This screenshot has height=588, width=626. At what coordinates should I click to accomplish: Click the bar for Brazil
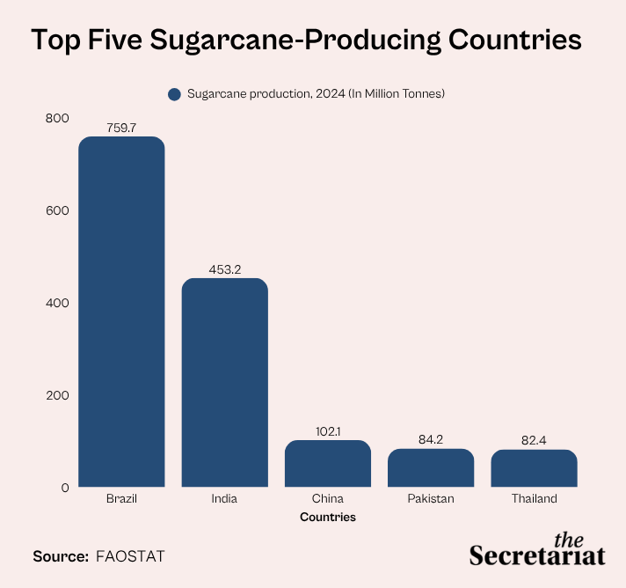pos(121,312)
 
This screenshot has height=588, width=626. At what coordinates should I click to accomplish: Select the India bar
pos(225,383)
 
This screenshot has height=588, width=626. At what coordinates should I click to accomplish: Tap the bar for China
pos(328,464)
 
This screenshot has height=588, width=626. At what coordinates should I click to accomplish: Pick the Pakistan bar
pos(431,467)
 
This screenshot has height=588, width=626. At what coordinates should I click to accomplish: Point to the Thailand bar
pos(535,468)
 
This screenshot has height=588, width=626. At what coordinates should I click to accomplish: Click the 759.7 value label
pos(121,128)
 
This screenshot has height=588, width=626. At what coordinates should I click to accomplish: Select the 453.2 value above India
pos(225,269)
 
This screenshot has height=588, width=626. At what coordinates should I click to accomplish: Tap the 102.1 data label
pos(328,431)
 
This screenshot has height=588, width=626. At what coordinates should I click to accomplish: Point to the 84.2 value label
pos(431,440)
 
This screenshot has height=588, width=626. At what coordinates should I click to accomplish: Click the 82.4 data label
pos(534,440)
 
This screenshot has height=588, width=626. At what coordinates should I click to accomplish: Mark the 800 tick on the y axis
pos(57,118)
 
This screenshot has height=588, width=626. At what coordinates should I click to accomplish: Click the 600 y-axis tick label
pos(57,210)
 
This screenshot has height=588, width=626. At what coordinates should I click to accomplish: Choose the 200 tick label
pos(57,395)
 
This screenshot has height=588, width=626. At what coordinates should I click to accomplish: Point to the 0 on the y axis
pos(65,488)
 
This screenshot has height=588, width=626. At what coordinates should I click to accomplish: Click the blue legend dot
pos(174,94)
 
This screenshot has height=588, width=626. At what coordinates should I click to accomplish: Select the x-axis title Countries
pos(328,517)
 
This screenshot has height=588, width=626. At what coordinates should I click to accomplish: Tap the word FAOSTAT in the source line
pos(130,556)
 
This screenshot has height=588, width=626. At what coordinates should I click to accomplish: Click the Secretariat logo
pos(537,549)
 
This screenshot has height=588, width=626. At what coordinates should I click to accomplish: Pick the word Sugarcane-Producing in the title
pos(295,40)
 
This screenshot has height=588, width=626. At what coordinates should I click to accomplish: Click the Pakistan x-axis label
pos(431,499)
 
